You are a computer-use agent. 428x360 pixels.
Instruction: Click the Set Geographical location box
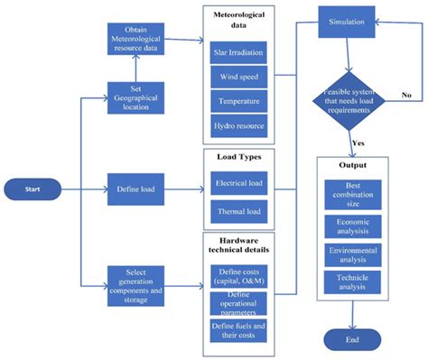135,97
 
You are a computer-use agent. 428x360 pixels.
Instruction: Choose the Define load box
136,189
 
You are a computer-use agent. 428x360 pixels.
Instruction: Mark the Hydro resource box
238,125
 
